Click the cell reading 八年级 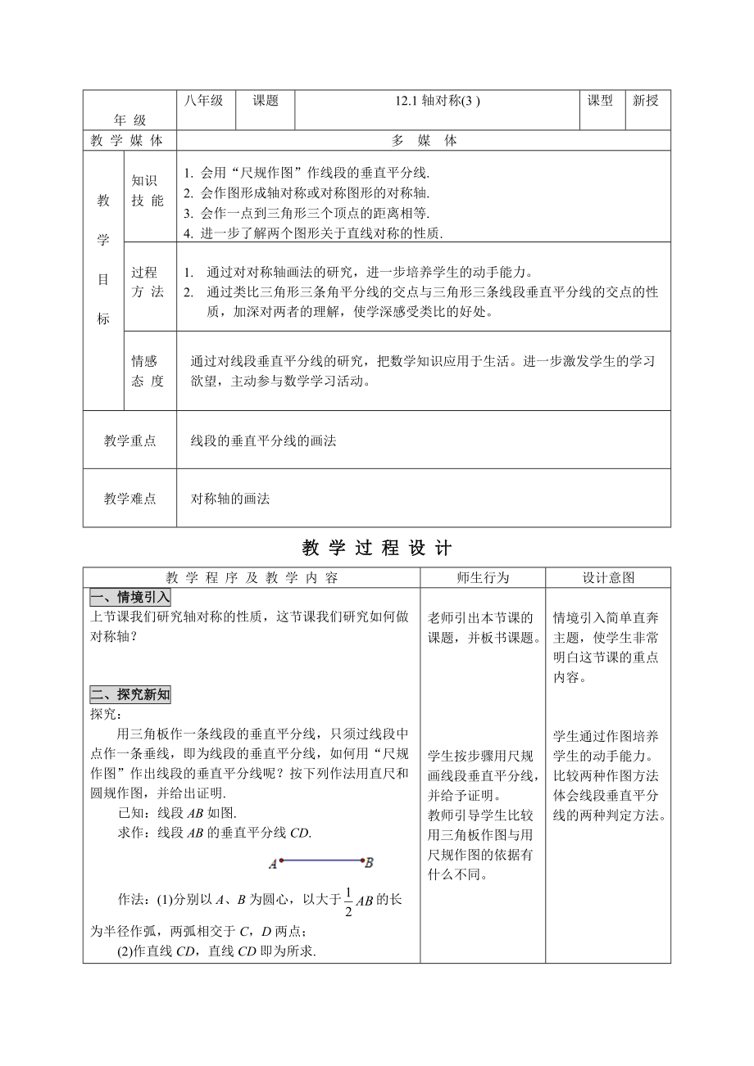pos(204,101)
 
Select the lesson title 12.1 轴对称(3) pos(435,102)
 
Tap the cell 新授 pos(646,101)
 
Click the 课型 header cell pos(600,101)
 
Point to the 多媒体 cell pos(424,141)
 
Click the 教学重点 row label pos(129,441)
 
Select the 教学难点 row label pos(129,499)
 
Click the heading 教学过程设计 pos(377,548)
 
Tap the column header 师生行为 pos(483,577)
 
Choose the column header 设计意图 pos(608,577)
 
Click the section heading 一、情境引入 pos(130,597)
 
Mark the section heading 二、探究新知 pos(130,694)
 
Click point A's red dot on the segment pos(281,860)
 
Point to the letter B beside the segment pos(370,861)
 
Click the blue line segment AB pos(322,860)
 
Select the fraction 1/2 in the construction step pos(347,901)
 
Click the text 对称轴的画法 pos(230,499)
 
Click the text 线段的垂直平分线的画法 pos(264,441)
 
